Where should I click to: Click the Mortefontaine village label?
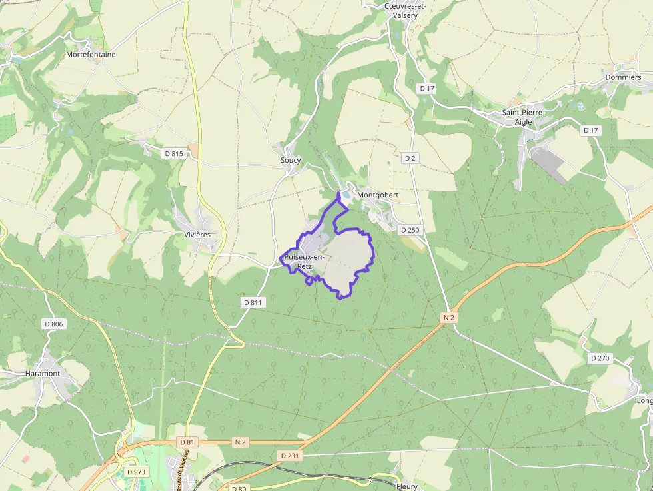(x=91, y=55)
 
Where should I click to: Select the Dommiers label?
(x=623, y=77)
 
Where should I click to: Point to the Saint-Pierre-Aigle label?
(x=523, y=117)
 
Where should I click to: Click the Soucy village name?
(x=291, y=161)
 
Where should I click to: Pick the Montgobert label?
(x=378, y=195)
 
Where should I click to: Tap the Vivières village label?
(x=197, y=235)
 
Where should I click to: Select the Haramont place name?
(x=43, y=374)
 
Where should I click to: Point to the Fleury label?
(x=406, y=486)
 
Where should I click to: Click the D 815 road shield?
(x=173, y=153)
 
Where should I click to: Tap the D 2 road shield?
(x=410, y=158)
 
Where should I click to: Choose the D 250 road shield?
(x=410, y=230)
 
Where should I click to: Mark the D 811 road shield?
(x=253, y=302)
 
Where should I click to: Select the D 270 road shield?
(x=600, y=358)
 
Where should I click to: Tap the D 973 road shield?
(x=137, y=472)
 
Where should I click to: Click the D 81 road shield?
(x=187, y=442)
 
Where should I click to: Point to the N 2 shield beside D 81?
(x=240, y=442)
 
